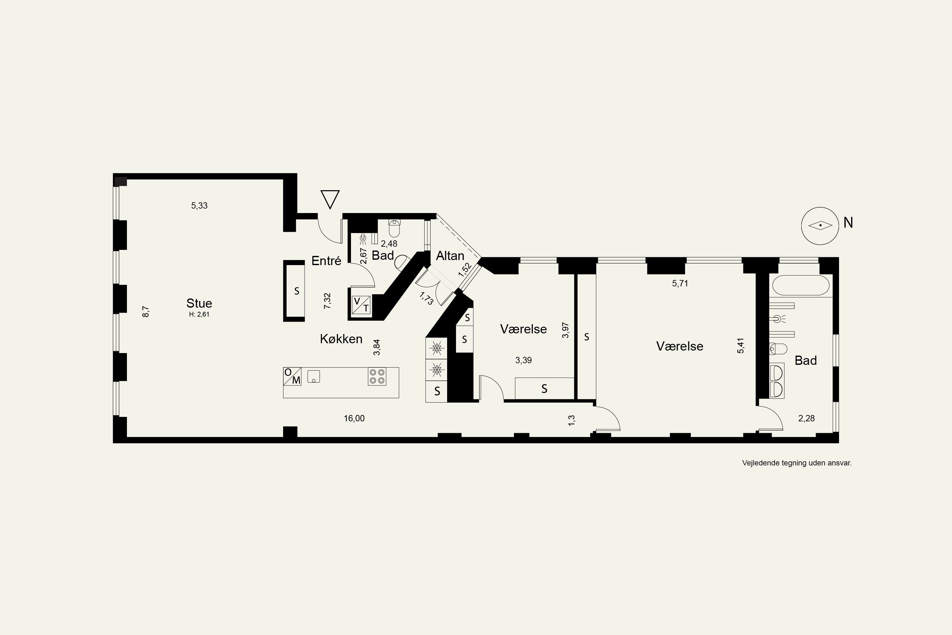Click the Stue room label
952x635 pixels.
coord(199,303)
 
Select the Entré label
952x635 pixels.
coord(326,261)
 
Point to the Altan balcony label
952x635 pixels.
coord(450,256)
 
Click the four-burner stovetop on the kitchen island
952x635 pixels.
coord(377,376)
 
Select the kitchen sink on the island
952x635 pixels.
coord(314,376)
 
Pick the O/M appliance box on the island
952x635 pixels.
coord(292,376)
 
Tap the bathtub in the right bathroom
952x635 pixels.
coord(801,285)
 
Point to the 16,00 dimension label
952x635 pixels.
coord(354,418)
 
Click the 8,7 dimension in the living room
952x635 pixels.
coord(146,311)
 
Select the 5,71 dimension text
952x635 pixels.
coord(680,284)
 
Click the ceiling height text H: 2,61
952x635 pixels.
coord(199,314)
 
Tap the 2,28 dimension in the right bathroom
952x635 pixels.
coord(806,418)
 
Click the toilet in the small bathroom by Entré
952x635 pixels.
coord(394,228)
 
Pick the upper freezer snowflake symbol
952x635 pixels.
coord(436,348)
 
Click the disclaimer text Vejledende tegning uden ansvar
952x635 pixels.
coord(797,463)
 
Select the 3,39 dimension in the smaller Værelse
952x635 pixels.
coord(523,360)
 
